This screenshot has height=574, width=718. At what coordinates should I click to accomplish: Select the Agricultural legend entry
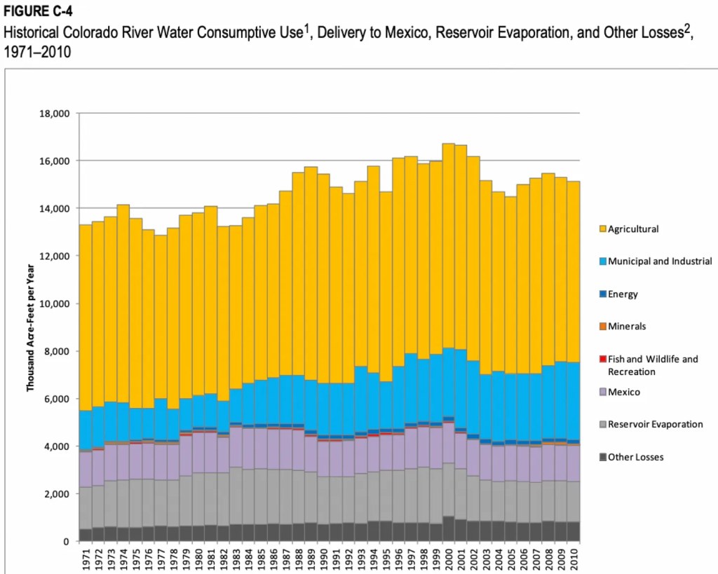click(633, 228)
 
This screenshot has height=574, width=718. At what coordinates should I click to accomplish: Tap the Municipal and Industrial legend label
click(660, 261)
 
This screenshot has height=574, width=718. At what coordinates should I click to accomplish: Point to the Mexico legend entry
click(623, 392)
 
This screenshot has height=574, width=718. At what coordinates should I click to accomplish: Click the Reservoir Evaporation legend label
click(655, 424)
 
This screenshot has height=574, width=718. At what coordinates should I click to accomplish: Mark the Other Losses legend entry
click(635, 457)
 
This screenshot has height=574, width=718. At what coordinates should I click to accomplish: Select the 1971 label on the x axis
click(86, 558)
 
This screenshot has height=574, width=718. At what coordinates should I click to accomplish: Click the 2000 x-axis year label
click(449, 558)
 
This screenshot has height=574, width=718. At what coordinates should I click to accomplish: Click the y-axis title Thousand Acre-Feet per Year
click(31, 327)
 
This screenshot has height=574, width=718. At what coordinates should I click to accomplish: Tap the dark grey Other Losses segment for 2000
click(449, 529)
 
